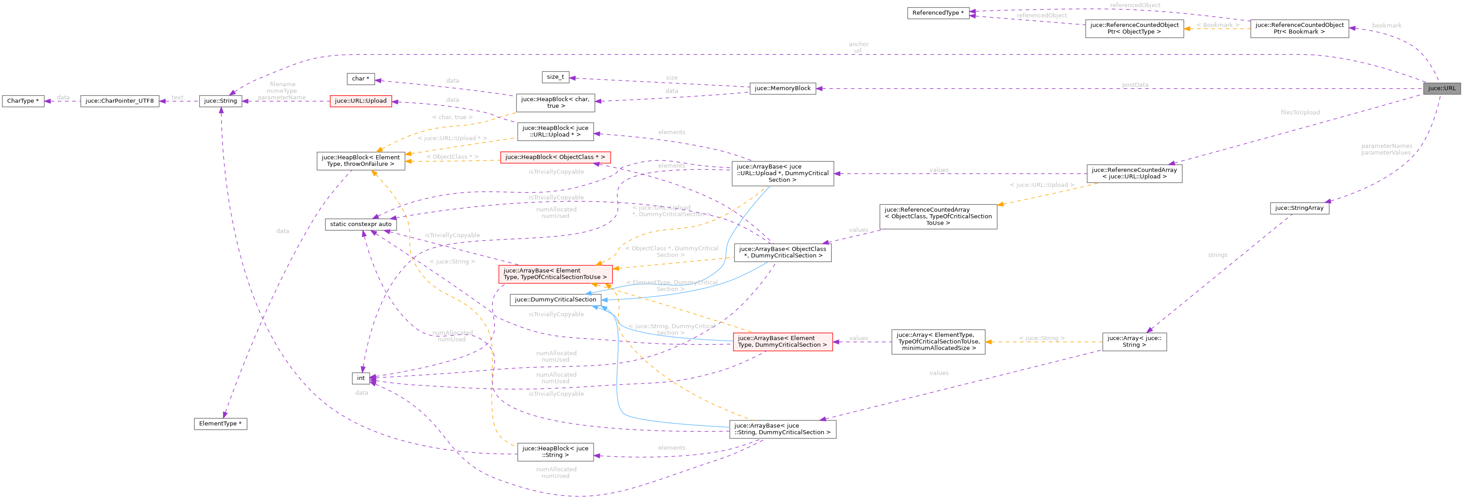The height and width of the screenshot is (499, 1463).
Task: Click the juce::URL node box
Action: point(1441,88)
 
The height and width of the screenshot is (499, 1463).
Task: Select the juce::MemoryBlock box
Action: point(782,88)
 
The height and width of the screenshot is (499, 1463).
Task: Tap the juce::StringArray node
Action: point(1299,208)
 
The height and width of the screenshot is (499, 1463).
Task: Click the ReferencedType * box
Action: point(938,13)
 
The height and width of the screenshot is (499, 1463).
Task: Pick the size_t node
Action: point(555,77)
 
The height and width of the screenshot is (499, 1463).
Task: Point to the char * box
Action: point(360,79)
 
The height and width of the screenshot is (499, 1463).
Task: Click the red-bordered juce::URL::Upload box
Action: point(360,101)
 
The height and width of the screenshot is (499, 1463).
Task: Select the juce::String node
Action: point(220,101)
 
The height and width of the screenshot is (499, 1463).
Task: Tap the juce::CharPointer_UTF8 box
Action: point(119,101)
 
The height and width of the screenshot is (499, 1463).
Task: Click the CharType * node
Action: point(23,101)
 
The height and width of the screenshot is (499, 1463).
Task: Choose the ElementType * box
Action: point(220,424)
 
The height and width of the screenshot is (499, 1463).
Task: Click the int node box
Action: point(361,378)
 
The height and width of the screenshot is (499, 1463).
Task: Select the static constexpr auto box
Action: point(361,224)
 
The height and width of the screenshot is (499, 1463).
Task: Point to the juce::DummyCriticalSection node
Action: point(555,300)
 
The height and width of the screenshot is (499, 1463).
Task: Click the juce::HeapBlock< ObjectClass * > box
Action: point(555,157)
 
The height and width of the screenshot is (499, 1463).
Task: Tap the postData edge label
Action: point(1135,85)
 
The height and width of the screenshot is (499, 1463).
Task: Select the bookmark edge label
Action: point(1386,26)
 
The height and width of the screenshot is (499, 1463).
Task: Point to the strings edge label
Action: point(1217,255)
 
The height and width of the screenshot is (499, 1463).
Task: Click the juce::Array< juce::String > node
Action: point(1134,341)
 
